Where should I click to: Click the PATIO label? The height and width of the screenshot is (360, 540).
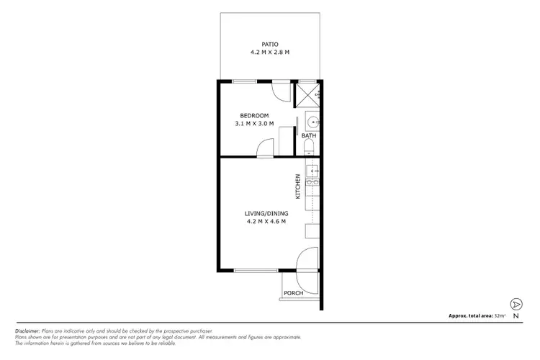(x=270, y=42)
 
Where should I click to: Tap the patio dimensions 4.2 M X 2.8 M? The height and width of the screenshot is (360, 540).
(x=270, y=52)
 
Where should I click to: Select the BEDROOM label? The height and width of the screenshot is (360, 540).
(x=255, y=116)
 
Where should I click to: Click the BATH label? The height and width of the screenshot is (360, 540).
(x=308, y=135)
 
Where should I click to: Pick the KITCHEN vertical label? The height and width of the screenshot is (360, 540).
(x=297, y=186)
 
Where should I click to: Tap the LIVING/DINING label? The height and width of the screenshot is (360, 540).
(x=266, y=212)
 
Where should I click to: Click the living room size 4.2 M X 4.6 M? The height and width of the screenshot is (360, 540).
(x=266, y=221)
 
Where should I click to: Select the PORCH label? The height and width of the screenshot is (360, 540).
(x=293, y=293)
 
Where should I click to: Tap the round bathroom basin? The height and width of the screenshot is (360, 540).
(x=312, y=122)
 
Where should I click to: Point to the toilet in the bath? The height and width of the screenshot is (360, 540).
(x=309, y=148)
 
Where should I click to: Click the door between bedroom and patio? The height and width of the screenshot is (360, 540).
(x=281, y=91)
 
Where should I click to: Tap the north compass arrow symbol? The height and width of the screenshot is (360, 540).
(x=516, y=304)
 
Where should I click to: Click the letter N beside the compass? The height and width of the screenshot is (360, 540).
(x=516, y=316)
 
